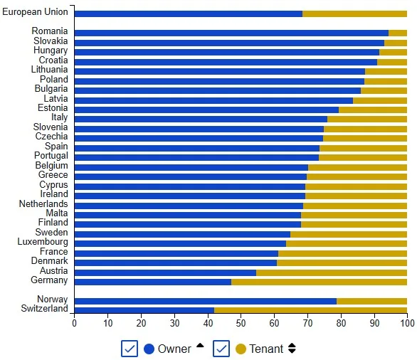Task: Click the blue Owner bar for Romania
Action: (x=231, y=33)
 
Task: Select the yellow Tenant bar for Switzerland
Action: (x=310, y=309)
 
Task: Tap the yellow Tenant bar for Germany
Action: (x=319, y=281)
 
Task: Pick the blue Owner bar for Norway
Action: (x=205, y=300)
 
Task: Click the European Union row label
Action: (x=35, y=13)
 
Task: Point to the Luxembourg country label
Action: (x=43, y=243)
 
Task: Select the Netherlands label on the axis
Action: (x=43, y=204)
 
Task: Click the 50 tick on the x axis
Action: (x=241, y=324)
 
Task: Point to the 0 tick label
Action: (x=74, y=324)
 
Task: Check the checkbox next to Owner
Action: (x=130, y=349)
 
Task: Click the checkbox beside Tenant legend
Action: (x=221, y=349)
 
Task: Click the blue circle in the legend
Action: (x=149, y=349)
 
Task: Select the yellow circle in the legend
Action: (x=241, y=349)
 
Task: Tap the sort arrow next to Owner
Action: (x=200, y=346)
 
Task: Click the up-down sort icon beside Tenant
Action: (x=291, y=349)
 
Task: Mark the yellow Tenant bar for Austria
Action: (x=331, y=272)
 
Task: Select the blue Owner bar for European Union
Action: (x=188, y=14)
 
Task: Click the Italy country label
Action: (x=59, y=117)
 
